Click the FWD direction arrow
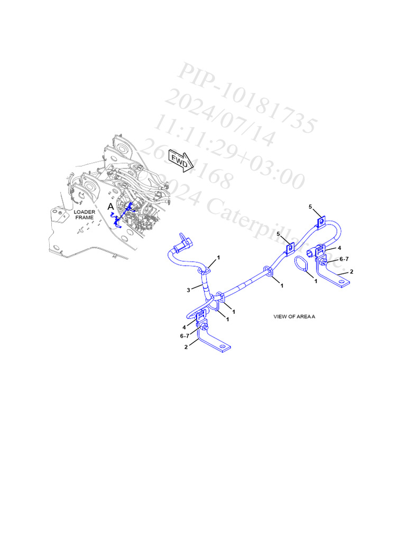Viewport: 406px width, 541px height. (x=180, y=161)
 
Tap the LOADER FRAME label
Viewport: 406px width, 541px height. (x=85, y=214)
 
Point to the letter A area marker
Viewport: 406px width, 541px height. (x=110, y=206)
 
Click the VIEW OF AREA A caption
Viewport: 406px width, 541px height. (x=294, y=316)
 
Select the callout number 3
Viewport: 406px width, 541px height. (x=188, y=290)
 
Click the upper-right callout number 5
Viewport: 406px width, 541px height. (x=311, y=206)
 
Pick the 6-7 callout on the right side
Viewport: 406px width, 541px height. (x=344, y=259)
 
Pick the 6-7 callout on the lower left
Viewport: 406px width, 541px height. (x=184, y=335)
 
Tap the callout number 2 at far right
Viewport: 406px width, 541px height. (x=352, y=272)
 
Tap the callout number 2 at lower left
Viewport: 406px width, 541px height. (x=186, y=347)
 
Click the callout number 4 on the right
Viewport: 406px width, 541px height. (x=339, y=248)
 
